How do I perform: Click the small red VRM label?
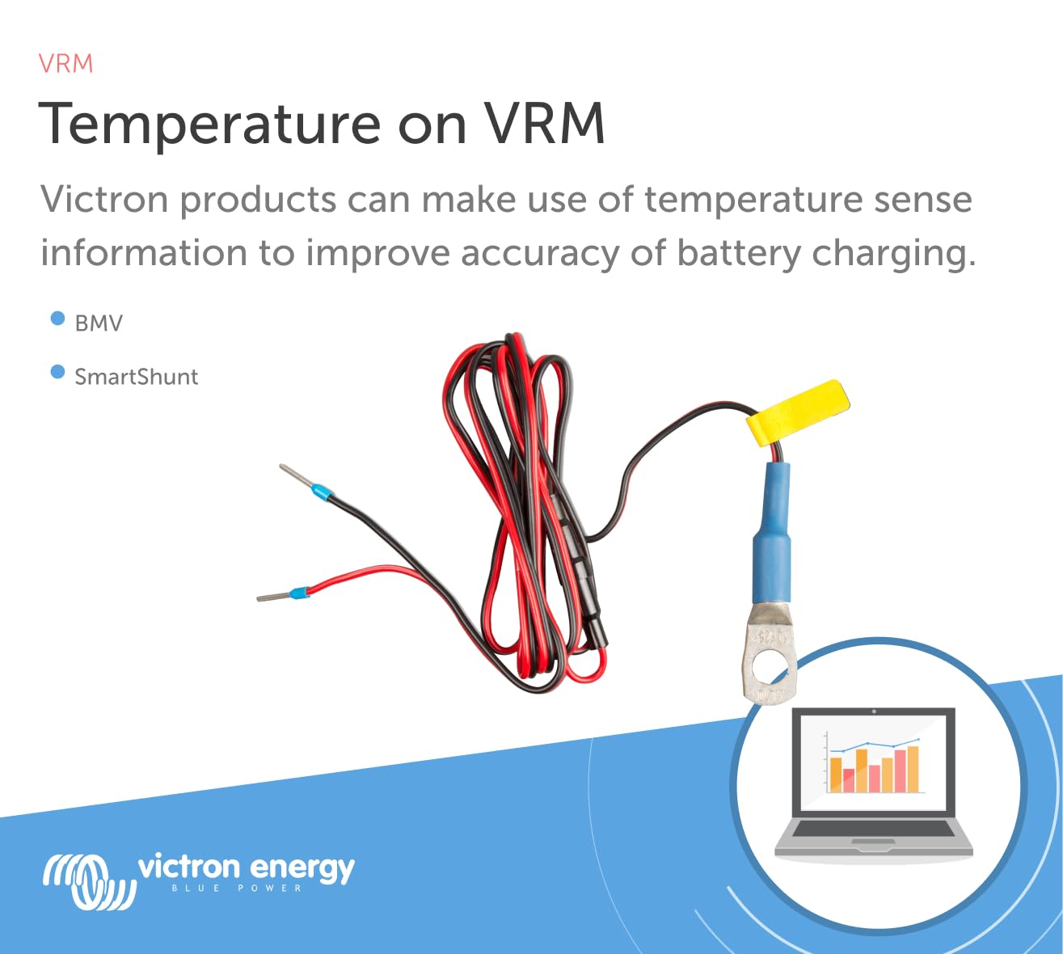[66, 64]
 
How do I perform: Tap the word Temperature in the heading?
[209, 125]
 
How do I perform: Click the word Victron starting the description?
[107, 199]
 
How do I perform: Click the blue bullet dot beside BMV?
[57, 319]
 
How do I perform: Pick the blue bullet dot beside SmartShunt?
[57, 372]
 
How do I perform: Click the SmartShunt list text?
[136, 377]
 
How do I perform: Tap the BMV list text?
[99, 323]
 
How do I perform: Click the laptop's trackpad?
[873, 845]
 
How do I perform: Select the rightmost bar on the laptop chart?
[913, 769]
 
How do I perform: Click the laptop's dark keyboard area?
[873, 829]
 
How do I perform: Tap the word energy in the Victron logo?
[302, 869]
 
